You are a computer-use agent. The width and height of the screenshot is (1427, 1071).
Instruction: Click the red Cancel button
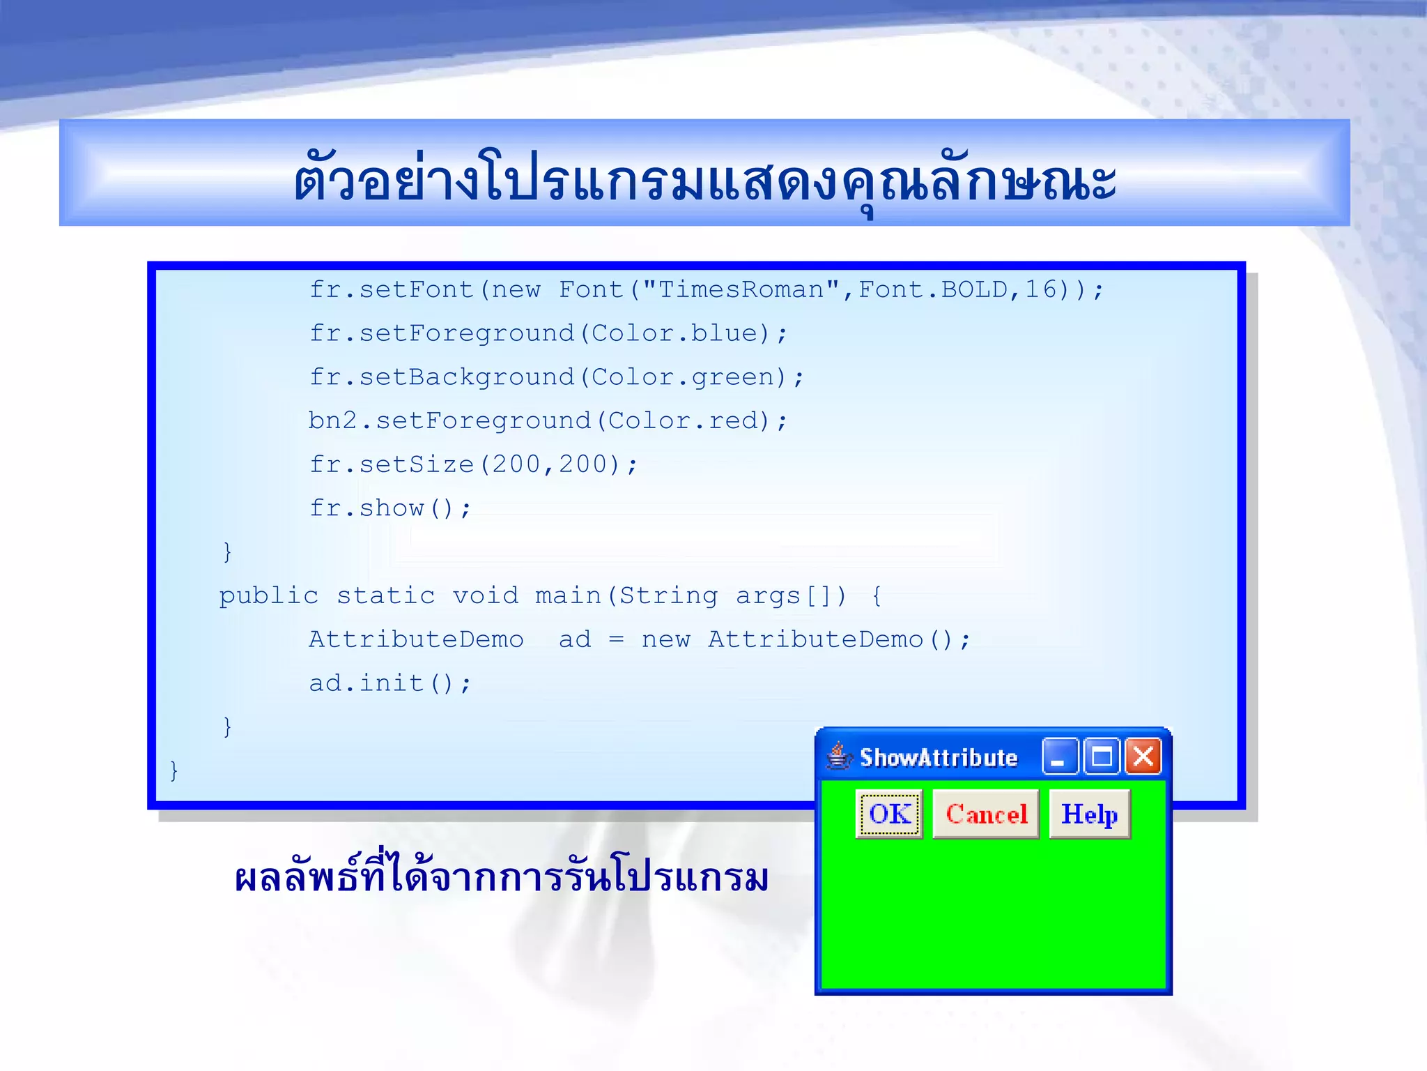985,814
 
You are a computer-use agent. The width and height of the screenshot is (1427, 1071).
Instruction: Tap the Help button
1089,814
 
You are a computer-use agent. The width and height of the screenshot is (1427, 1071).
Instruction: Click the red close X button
1143,757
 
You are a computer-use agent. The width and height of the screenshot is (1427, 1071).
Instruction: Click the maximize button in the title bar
1102,757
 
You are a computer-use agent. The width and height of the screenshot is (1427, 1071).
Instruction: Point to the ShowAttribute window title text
938,758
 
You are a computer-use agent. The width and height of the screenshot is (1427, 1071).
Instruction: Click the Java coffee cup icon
839,756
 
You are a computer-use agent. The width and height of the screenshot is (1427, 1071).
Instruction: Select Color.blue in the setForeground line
674,333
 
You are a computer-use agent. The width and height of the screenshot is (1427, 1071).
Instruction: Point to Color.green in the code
682,377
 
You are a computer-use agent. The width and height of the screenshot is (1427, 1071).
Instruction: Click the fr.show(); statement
390,508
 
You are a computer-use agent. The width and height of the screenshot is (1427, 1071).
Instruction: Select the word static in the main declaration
385,595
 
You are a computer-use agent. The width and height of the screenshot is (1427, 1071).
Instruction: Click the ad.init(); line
390,683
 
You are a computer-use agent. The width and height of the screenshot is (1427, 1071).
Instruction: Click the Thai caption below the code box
501,879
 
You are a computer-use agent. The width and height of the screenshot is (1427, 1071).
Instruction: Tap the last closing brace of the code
174,770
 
